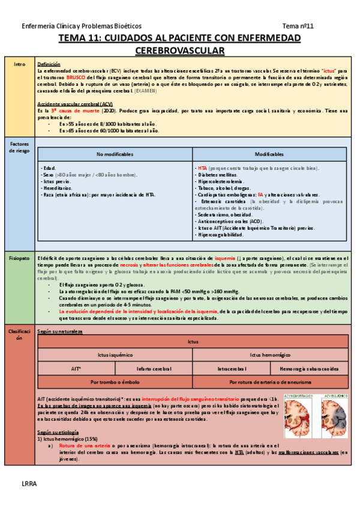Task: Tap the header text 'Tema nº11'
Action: [298, 26]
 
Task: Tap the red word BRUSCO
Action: [68, 78]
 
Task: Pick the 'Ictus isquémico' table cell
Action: [114, 355]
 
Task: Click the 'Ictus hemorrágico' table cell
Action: [269, 355]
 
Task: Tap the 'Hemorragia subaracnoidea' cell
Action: [309, 368]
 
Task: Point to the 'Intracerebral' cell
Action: [232, 368]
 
